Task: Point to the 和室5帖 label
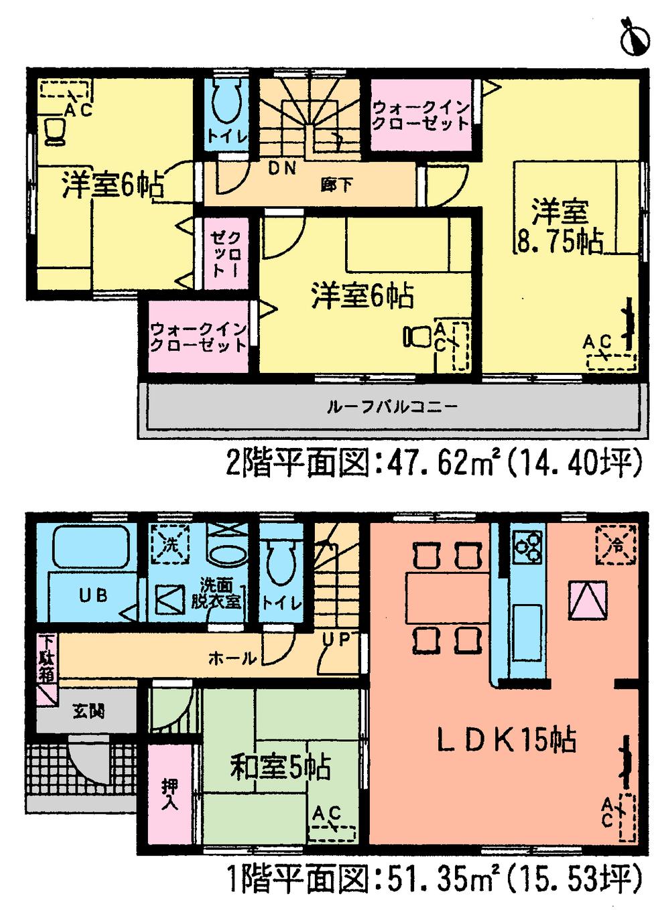pos(281,767)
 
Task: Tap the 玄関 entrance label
pos(88,711)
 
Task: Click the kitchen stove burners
pos(529,544)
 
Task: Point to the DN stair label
pos(282,169)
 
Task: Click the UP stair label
pos(336,639)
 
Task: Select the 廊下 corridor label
pos(336,184)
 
